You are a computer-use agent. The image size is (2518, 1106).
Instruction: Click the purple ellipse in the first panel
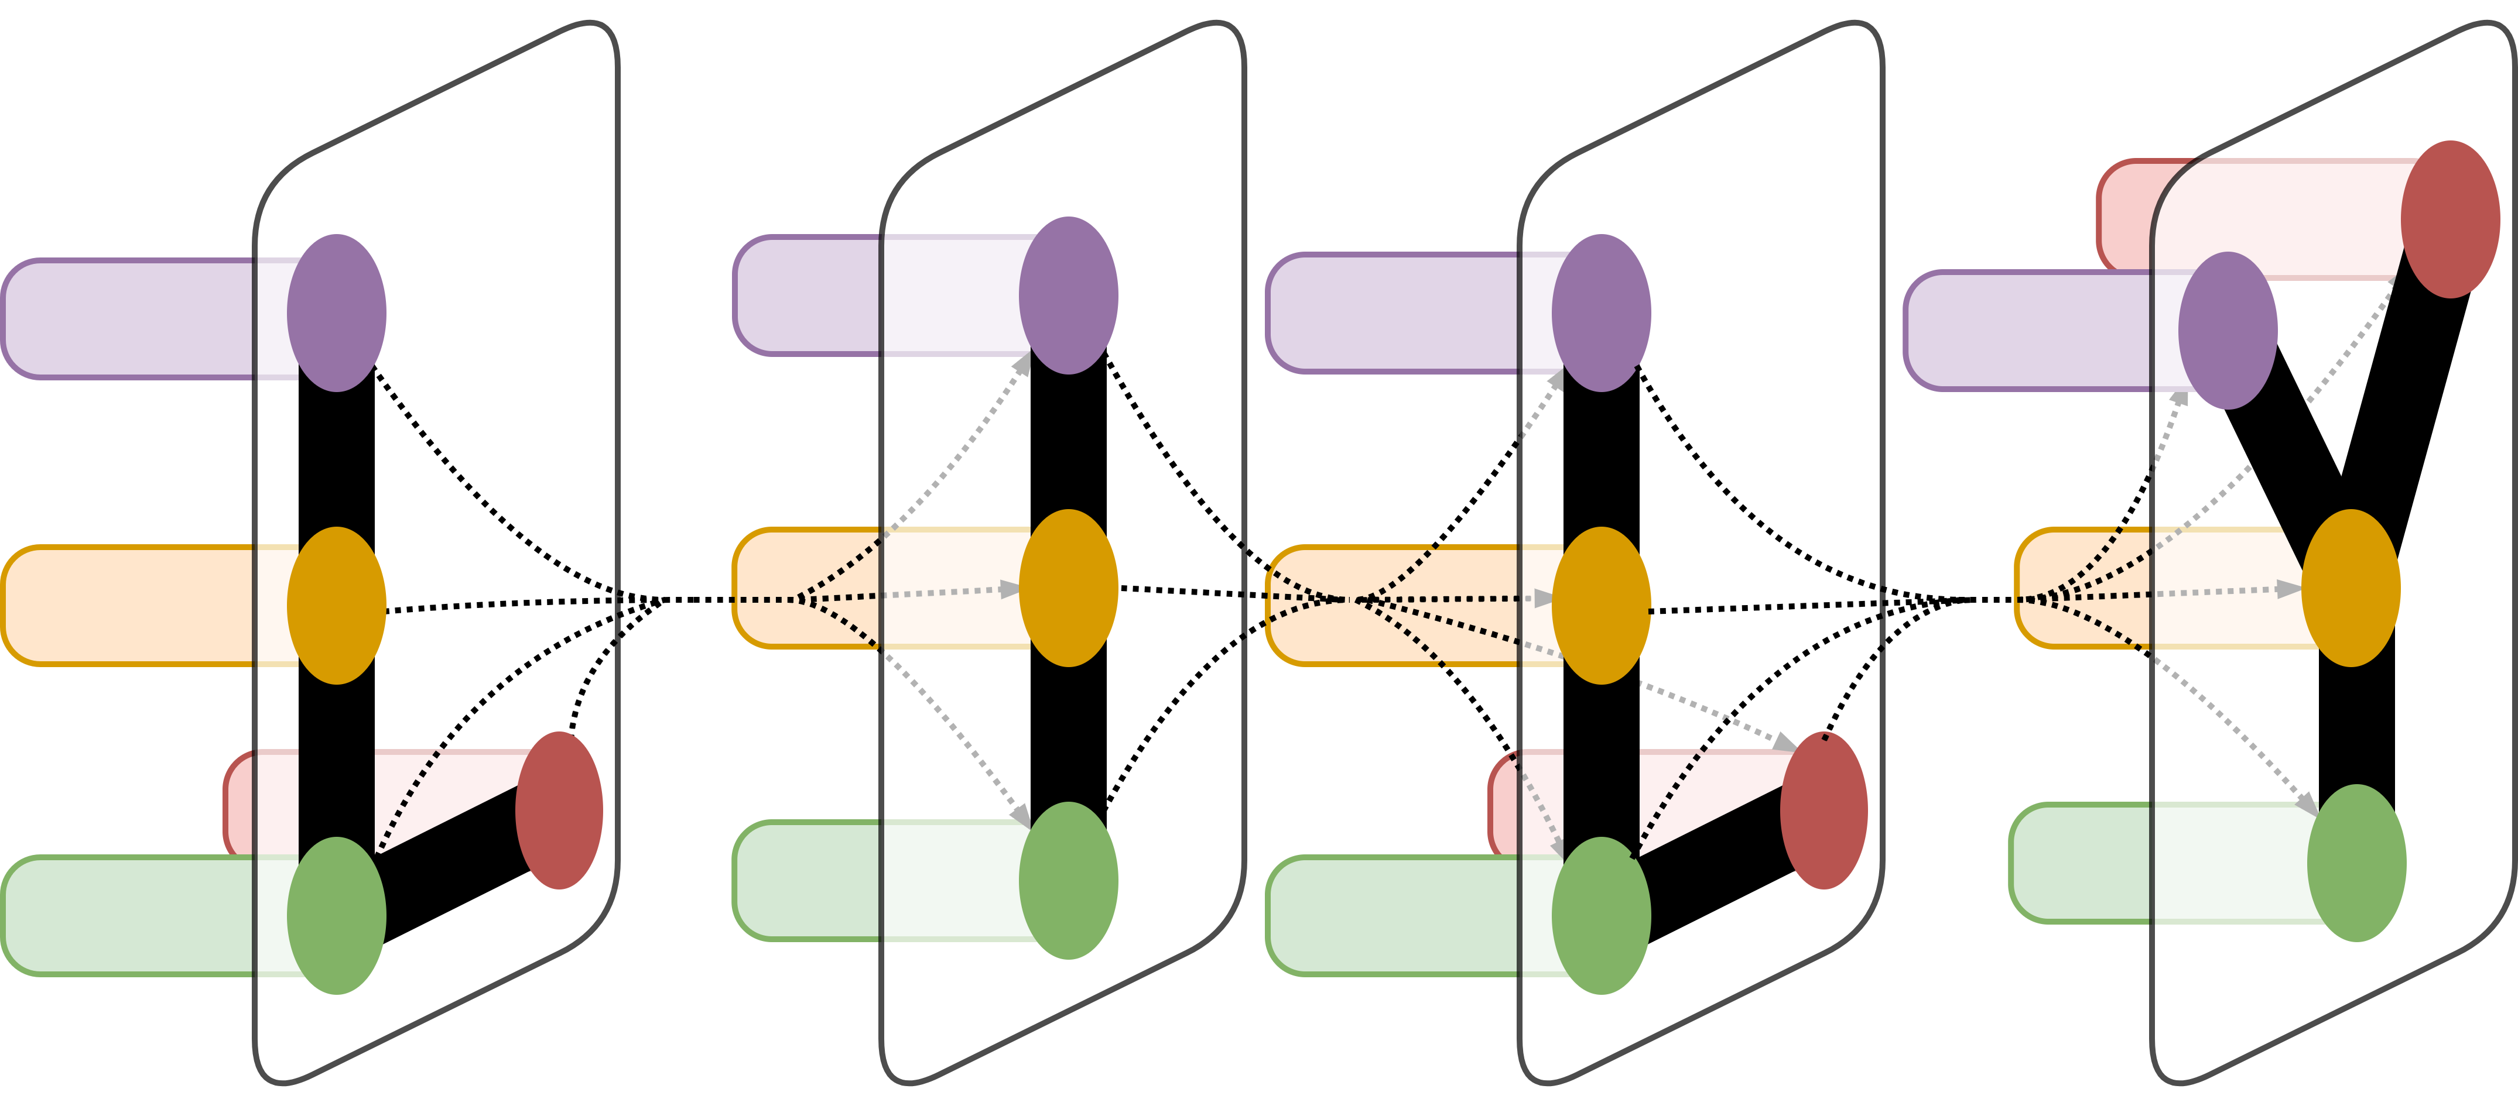coord(336,312)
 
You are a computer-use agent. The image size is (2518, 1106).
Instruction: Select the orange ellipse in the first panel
coord(336,606)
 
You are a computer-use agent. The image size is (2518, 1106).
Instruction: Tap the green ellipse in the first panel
coord(336,915)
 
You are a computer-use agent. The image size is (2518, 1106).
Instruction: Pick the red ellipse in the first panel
coord(559,811)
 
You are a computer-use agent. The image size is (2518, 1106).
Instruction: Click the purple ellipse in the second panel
coord(1068,295)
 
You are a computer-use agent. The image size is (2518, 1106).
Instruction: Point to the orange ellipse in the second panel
coord(1068,588)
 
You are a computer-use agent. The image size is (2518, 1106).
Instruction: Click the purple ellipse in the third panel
coord(1601,312)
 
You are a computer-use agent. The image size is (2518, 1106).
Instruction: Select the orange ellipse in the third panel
coord(1601,606)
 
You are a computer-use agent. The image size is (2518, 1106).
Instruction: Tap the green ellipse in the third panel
coord(1601,915)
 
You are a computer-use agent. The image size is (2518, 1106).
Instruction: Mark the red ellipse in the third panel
coord(1824,811)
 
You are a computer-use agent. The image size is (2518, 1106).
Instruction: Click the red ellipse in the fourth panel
coord(2451,219)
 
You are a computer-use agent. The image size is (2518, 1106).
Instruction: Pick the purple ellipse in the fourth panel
coord(2228,330)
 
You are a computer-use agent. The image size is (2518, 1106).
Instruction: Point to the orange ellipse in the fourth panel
coord(2351,588)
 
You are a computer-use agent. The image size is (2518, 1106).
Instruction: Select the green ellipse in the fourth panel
coord(2357,863)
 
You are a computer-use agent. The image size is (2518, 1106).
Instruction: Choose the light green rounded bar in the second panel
coord(811,880)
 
